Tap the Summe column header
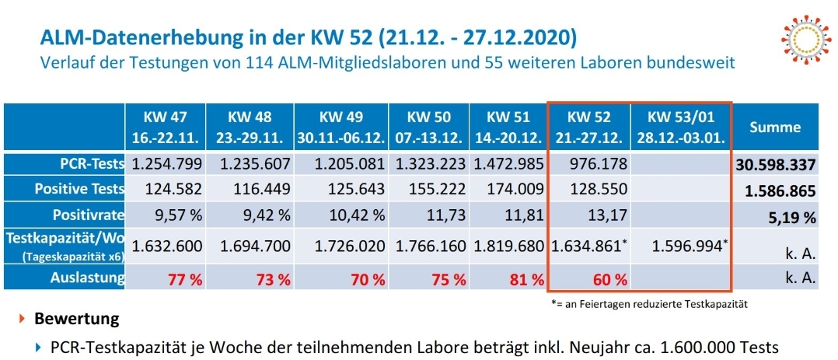pos(774,128)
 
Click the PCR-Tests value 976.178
pos(588,165)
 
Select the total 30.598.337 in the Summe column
pos(774,166)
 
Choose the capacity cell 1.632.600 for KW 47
pos(167,246)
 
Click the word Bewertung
pos(76,319)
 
